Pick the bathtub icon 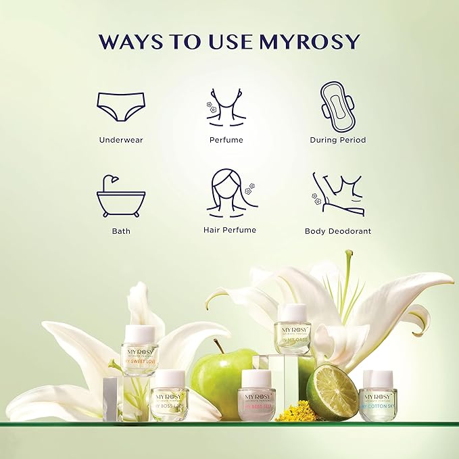(x=121, y=196)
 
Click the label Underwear (x=121, y=140)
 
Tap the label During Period (x=337, y=140)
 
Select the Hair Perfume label (x=230, y=231)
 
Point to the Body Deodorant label (x=338, y=231)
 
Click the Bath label (x=121, y=231)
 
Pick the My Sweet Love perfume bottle (x=139, y=349)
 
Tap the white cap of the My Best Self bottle (x=256, y=378)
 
